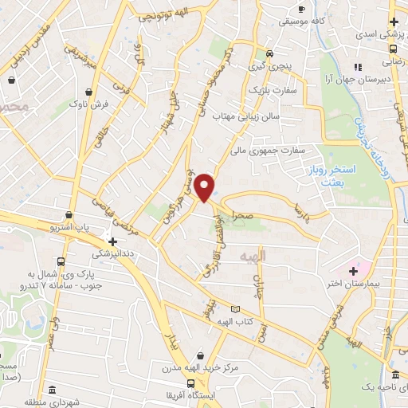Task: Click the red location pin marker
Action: (206, 187)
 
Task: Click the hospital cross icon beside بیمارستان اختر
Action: (353, 271)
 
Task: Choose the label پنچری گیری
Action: (270, 67)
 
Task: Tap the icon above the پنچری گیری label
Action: (270, 54)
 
